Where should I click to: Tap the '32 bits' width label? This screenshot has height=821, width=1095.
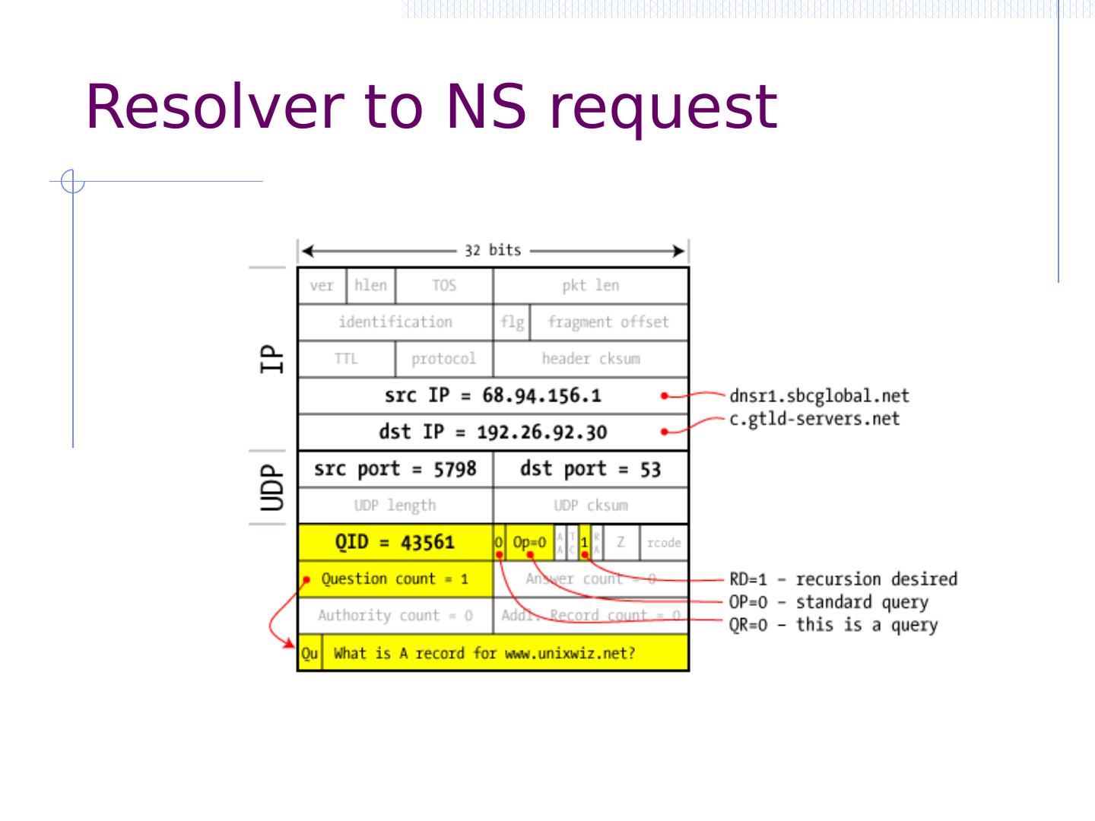(x=493, y=250)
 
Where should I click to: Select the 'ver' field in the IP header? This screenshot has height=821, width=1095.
(x=322, y=286)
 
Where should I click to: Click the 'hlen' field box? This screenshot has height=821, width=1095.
(x=370, y=285)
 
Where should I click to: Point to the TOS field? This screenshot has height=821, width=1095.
(x=444, y=286)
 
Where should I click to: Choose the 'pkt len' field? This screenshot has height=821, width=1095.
(x=590, y=286)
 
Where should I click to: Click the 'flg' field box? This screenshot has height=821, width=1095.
(x=512, y=322)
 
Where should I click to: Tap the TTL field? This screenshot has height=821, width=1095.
(x=346, y=359)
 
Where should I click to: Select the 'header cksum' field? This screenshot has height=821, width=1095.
(x=590, y=359)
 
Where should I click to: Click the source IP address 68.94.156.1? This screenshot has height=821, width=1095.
(x=541, y=395)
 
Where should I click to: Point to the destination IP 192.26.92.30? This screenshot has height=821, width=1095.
(x=541, y=432)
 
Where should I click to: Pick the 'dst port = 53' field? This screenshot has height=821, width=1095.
(x=590, y=469)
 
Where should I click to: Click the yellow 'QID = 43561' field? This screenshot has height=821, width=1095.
(x=395, y=542)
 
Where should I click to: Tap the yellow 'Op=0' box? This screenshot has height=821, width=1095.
(x=529, y=542)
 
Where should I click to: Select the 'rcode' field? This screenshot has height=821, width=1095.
(x=664, y=543)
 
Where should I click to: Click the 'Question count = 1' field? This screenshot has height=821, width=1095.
(x=395, y=579)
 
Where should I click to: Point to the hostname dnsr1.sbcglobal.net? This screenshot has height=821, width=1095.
(x=819, y=396)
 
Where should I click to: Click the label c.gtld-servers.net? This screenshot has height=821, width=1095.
(x=814, y=419)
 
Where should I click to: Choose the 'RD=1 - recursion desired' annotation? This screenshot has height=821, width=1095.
(x=843, y=579)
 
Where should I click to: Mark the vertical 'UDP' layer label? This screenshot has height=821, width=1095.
(x=271, y=487)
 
